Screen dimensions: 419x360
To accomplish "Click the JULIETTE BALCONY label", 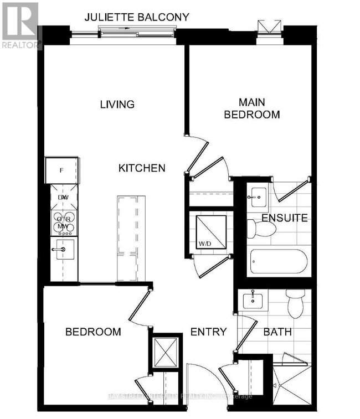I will tap(137, 18).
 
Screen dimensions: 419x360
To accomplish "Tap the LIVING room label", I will tap(117, 104).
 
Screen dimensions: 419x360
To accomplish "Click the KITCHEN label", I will tap(142, 168).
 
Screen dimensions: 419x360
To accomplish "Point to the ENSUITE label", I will tap(285, 218).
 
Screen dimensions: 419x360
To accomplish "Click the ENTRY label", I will tap(208, 332).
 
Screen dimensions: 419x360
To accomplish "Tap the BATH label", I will tap(277, 333).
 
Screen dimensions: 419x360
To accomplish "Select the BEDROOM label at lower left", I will tap(93, 332).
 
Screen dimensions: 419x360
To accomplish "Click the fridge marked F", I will tap(61, 170).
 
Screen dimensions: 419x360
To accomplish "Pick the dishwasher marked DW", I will tap(63, 197).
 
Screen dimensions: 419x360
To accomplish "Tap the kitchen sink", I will tap(63, 249).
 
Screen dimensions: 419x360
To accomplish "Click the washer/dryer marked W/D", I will tap(211, 231).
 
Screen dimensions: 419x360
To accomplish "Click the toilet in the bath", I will tap(295, 304).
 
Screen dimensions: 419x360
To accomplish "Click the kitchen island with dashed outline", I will tap(127, 238).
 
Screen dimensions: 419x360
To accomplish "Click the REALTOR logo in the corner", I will tap(20, 25).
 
